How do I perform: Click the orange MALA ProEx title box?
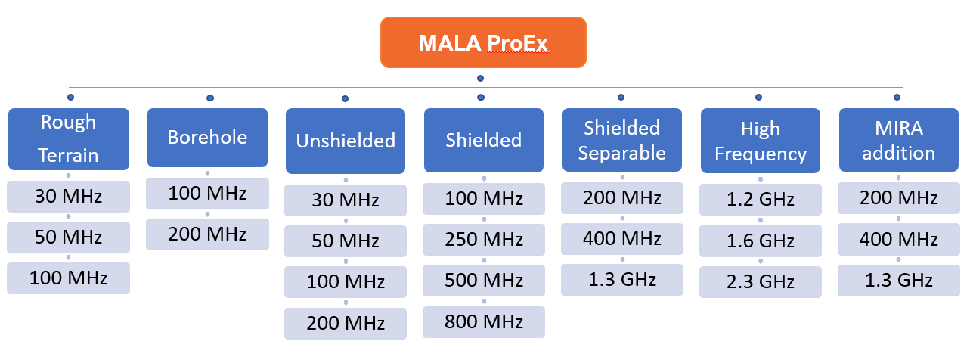(x=483, y=42)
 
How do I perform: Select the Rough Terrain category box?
(x=69, y=138)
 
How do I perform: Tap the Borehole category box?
(x=207, y=137)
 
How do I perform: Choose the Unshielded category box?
(x=346, y=141)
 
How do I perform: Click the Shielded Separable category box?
(x=621, y=140)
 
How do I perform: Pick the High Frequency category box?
(x=760, y=141)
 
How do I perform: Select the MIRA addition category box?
(x=898, y=141)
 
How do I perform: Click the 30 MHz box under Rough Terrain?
(x=69, y=197)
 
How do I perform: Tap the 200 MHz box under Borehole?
(x=207, y=234)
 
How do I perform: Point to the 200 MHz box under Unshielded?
(x=346, y=323)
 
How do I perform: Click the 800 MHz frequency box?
(x=484, y=321)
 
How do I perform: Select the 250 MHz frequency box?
(x=484, y=239)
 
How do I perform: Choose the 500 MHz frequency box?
(x=484, y=281)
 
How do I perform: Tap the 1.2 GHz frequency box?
(x=760, y=200)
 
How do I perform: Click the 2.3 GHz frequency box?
(x=760, y=281)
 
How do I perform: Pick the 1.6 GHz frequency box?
(x=760, y=241)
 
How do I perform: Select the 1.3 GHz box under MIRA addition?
(x=898, y=280)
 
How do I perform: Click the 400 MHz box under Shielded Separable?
(x=621, y=239)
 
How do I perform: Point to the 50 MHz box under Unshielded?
(x=346, y=241)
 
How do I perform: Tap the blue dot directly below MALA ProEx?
(x=480, y=78)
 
